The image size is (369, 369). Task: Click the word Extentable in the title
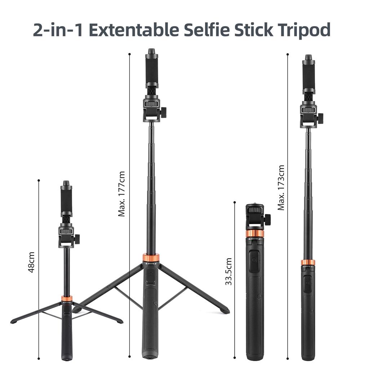pos(134,30)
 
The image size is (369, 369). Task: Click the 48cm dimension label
pos(31,262)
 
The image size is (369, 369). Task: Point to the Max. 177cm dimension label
pos(121,194)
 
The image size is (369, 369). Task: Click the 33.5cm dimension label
pos(228,272)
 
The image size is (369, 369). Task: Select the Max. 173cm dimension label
pos(281,187)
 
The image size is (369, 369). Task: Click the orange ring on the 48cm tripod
pos(67,298)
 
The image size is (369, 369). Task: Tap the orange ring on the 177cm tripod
pos(151,257)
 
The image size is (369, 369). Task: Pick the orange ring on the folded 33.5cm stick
pos(255,234)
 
